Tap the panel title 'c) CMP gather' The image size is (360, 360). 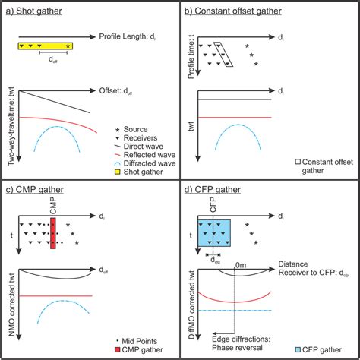click(33, 190)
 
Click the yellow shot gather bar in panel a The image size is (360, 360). click(46, 46)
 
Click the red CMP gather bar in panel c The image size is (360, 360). click(52, 232)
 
